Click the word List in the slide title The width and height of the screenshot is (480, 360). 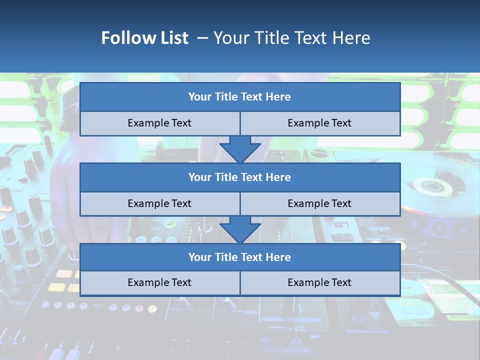click(x=172, y=38)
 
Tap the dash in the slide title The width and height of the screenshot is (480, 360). click(x=202, y=38)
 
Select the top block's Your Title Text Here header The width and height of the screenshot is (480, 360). click(x=239, y=97)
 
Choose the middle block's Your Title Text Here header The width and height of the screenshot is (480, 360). click(x=239, y=177)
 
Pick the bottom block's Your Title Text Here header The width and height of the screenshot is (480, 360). click(x=239, y=257)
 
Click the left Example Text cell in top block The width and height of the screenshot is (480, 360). click(x=159, y=123)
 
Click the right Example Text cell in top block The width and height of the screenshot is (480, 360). click(x=319, y=123)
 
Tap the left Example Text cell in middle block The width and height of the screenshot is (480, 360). click(x=159, y=203)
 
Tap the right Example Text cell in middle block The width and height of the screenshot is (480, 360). click(x=319, y=203)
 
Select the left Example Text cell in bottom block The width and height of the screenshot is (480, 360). click(x=159, y=282)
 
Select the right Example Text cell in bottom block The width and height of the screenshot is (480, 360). click(x=319, y=282)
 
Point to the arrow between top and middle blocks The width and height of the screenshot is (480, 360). click(x=240, y=149)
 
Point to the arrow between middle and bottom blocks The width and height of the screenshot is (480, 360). click(x=240, y=229)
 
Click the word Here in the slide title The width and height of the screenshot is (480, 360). click(x=352, y=38)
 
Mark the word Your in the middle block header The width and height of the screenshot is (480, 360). click(x=200, y=177)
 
